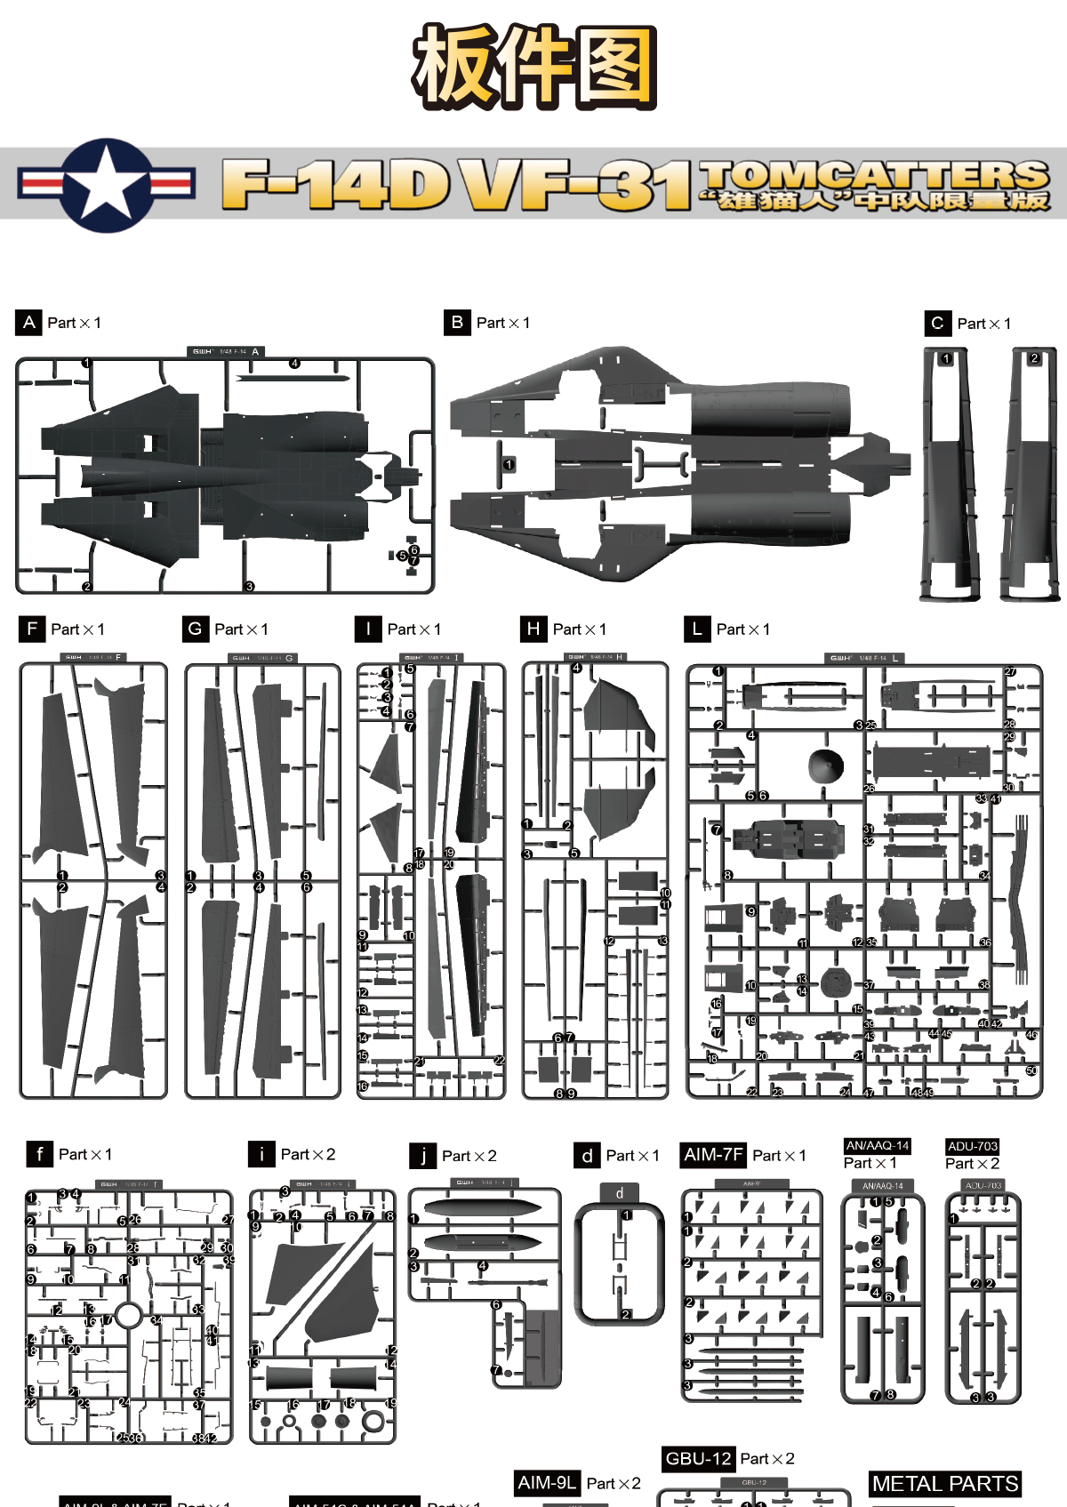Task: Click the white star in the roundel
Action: pyautogui.click(x=106, y=184)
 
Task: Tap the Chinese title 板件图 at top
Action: pyautogui.click(x=533, y=67)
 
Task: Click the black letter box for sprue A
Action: pyautogui.click(x=28, y=322)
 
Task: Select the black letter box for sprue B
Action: pyautogui.click(x=457, y=322)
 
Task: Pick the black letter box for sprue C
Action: pyautogui.click(x=937, y=323)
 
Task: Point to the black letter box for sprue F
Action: pyautogui.click(x=32, y=629)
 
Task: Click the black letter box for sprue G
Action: pyautogui.click(x=195, y=629)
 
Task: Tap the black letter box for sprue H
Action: pyautogui.click(x=533, y=629)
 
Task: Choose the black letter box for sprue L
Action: pyautogui.click(x=697, y=629)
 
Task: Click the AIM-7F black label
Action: pyautogui.click(x=713, y=1154)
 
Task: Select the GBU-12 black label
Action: pyautogui.click(x=698, y=1458)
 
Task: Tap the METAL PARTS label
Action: pyautogui.click(x=945, y=1483)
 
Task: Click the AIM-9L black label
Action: pyautogui.click(x=547, y=1482)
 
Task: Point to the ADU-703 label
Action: pyautogui.click(x=972, y=1146)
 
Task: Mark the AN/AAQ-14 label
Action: pyautogui.click(x=878, y=1145)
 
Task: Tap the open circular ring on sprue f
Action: pyautogui.click(x=129, y=1315)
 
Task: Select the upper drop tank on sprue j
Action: pyautogui.click(x=481, y=1207)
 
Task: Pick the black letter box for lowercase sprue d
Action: pyautogui.click(x=587, y=1155)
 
